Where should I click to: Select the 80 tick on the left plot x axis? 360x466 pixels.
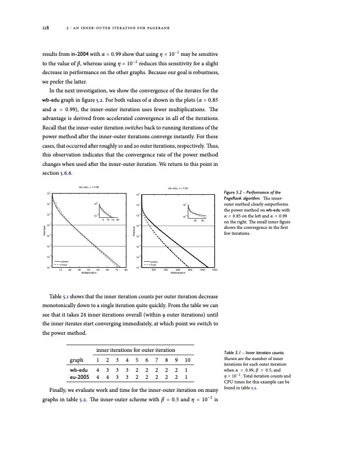pos(126,270)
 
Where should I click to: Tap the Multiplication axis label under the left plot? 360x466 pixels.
pos(89,274)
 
